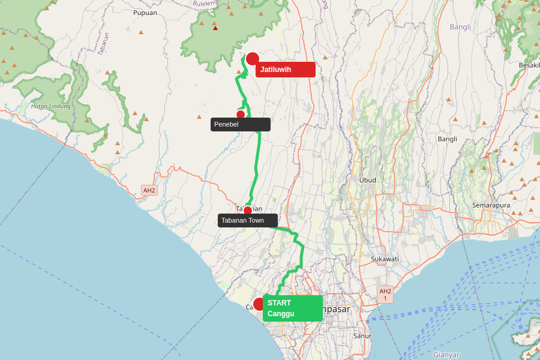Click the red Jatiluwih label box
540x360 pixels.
285,70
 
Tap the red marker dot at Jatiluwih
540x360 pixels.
253,59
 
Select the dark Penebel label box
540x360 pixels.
240,124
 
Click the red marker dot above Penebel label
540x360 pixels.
241,115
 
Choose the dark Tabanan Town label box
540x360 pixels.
247,220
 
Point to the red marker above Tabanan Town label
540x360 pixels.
248,211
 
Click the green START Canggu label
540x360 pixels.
292,308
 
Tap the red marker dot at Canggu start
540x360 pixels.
259,304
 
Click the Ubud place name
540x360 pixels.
368,180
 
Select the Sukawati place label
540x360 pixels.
385,259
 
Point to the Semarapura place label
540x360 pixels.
491,205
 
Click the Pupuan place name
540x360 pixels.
145,13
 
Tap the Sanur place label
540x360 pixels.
362,336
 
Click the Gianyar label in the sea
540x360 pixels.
446,355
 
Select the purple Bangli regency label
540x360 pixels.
460,27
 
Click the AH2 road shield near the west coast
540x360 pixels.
149,190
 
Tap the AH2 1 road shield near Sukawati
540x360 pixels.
385,294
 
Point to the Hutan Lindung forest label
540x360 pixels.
50,106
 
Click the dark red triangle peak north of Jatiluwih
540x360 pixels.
215,28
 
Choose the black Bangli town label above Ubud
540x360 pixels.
447,139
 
